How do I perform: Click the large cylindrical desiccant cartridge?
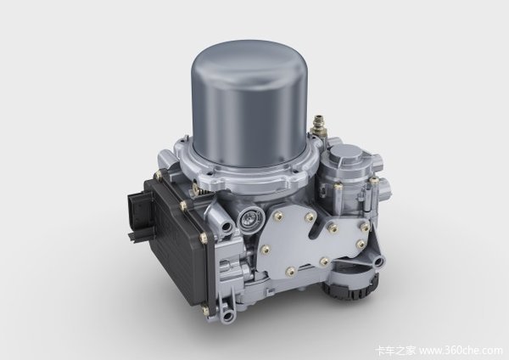250,107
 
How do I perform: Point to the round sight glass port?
248,218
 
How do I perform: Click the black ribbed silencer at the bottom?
350,288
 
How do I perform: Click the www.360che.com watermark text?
461,351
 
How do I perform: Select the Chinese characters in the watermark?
395,351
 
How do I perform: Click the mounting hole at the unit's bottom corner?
228,314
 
